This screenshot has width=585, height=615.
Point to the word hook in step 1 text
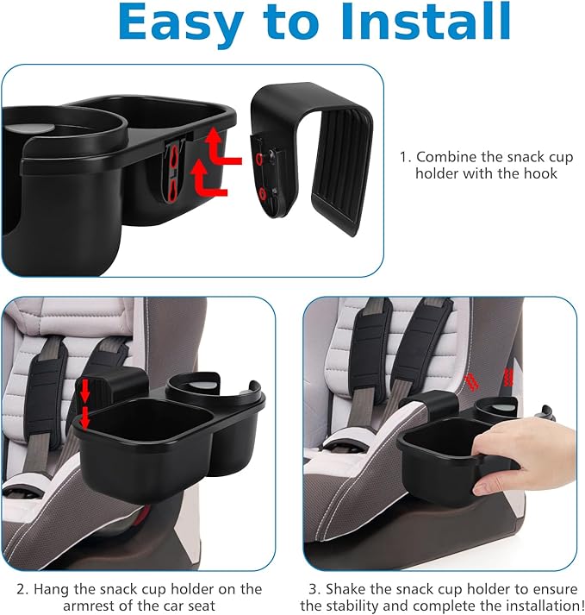click(541, 173)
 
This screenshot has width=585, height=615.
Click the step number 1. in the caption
click(405, 157)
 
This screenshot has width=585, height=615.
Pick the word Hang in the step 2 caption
click(59, 589)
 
